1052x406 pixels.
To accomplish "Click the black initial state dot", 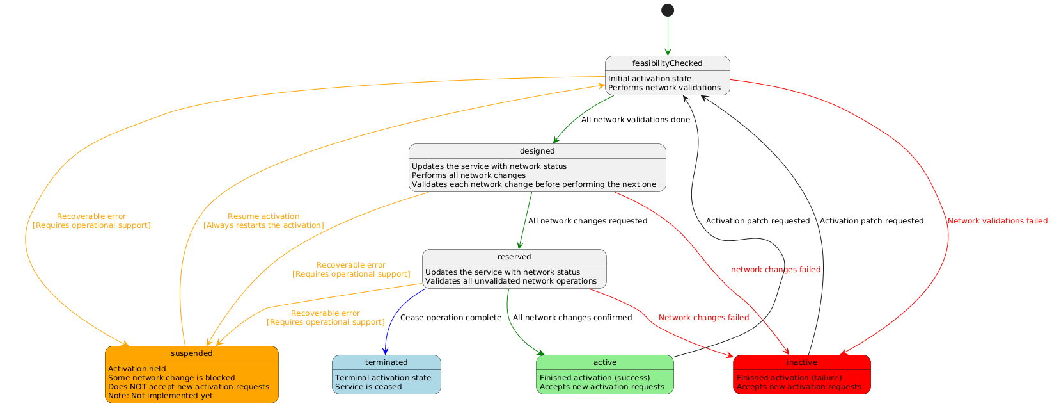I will pos(668,10).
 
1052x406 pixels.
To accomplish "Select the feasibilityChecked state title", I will pos(667,63).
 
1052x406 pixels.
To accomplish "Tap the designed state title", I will pos(537,151).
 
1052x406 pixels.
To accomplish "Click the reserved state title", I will pos(514,257).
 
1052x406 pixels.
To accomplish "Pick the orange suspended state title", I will pos(192,353).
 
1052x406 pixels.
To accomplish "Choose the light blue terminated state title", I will pos(386,362).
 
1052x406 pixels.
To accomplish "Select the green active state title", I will pos(605,362).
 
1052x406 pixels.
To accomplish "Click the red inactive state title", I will pos(802,362).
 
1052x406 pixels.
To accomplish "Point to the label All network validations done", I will pos(635,120).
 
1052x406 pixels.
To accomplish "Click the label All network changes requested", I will pos(587,221).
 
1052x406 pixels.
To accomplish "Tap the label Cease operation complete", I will pos(450,318).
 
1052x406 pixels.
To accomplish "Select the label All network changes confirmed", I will pos(572,318).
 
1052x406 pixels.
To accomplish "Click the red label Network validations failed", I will pos(997,221).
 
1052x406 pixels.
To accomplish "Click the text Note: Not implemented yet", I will pos(161,396).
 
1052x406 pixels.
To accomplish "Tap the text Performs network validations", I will pos(664,88).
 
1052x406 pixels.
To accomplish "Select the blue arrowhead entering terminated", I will pos(385,351).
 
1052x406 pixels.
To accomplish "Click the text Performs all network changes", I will pos(468,175).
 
